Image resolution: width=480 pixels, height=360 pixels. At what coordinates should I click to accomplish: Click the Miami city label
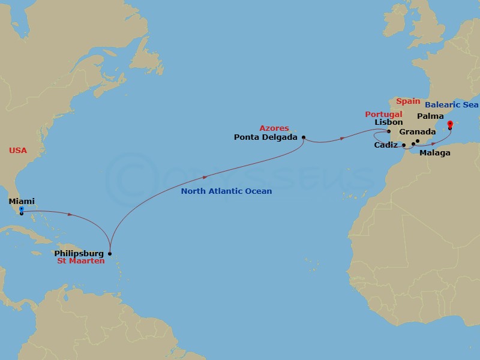21,202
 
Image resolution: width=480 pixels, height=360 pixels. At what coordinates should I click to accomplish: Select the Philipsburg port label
78,254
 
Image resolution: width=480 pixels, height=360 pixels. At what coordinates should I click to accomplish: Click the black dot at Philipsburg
109,254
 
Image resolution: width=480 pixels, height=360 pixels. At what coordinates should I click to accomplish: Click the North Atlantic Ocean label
227,191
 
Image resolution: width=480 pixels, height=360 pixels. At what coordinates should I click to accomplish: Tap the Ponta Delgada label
266,137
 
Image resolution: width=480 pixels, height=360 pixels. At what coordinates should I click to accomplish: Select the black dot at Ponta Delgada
304,137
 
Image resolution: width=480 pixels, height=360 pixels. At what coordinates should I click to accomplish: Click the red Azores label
274,128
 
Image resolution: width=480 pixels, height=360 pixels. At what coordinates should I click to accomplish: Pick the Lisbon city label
388,122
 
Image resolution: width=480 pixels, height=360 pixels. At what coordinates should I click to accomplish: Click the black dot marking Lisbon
389,131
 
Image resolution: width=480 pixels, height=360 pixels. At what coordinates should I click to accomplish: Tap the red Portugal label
383,114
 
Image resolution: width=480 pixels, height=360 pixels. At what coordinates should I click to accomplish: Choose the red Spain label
408,102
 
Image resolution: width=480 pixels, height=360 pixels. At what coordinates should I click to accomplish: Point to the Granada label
417,131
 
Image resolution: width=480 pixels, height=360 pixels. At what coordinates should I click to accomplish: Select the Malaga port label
435,153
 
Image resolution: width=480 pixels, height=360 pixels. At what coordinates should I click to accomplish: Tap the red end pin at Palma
450,124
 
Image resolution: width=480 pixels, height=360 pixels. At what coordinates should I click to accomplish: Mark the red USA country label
18,151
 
